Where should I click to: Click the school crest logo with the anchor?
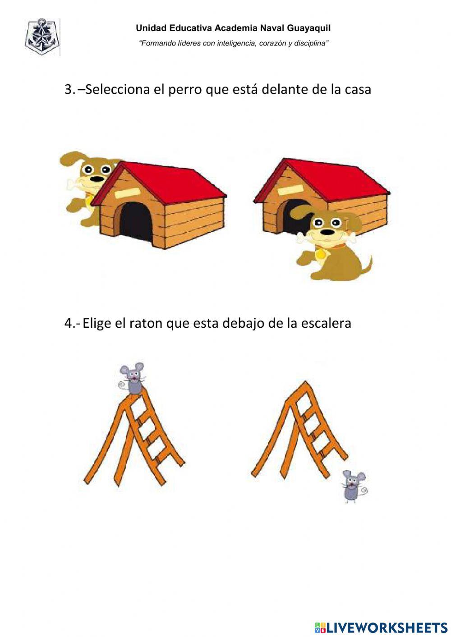[x=42, y=37]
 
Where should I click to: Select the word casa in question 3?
[x=358, y=89]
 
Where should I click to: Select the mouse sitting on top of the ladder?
[x=133, y=378]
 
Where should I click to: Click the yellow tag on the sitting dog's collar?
[x=320, y=255]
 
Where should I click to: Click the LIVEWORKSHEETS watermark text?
[x=381, y=627]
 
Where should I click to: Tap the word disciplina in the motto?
[x=311, y=43]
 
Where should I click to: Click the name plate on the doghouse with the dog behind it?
[x=125, y=193]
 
